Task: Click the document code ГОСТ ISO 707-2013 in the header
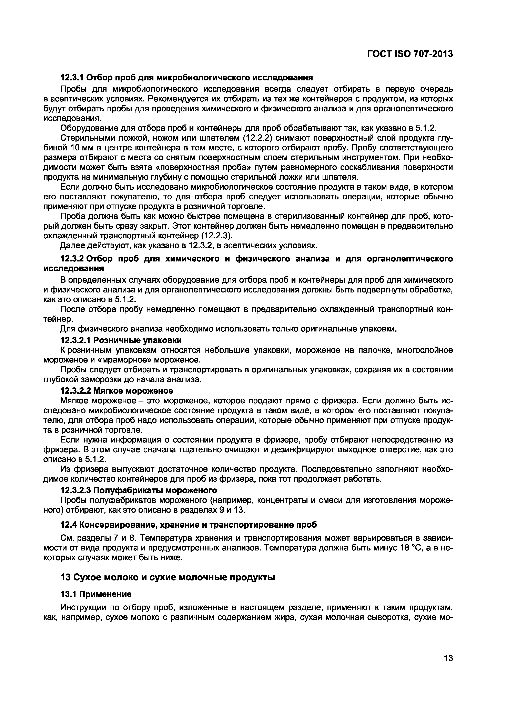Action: (410, 54)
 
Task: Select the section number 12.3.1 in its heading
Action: (71, 77)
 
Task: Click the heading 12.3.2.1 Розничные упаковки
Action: (121, 340)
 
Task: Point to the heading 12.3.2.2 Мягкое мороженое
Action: (116, 391)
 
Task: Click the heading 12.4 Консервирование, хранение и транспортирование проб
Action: (188, 525)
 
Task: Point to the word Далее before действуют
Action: (72, 246)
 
